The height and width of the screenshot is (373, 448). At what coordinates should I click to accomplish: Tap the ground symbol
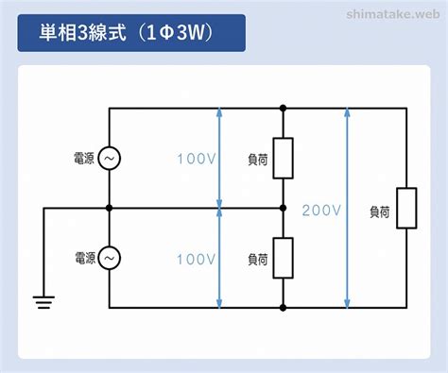[43, 302]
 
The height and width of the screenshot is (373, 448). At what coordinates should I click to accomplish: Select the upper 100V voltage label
[197, 159]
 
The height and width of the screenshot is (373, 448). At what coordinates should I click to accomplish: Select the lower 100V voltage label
[197, 260]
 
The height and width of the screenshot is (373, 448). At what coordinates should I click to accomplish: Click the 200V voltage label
[321, 211]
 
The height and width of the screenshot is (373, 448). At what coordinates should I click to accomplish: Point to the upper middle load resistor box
[284, 158]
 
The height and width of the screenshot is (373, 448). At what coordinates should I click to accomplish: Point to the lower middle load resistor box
[284, 258]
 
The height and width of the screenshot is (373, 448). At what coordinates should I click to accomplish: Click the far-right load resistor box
[406, 208]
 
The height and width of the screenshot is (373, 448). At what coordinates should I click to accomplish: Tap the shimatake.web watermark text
[393, 14]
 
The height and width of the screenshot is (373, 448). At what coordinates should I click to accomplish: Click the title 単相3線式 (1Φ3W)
[126, 32]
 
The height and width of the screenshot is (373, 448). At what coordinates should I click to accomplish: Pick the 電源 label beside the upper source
[84, 158]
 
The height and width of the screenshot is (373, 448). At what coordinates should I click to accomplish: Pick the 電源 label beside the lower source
[85, 258]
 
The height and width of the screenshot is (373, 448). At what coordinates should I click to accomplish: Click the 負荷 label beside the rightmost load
[380, 212]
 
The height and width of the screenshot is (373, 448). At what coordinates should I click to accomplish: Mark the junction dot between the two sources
[109, 208]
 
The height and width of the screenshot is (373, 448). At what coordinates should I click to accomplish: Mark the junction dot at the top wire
[284, 109]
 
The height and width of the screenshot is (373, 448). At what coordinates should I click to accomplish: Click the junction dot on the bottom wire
[284, 308]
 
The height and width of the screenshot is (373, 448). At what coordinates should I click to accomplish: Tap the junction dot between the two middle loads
[284, 208]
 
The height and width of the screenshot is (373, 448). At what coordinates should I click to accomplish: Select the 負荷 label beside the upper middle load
[258, 160]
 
